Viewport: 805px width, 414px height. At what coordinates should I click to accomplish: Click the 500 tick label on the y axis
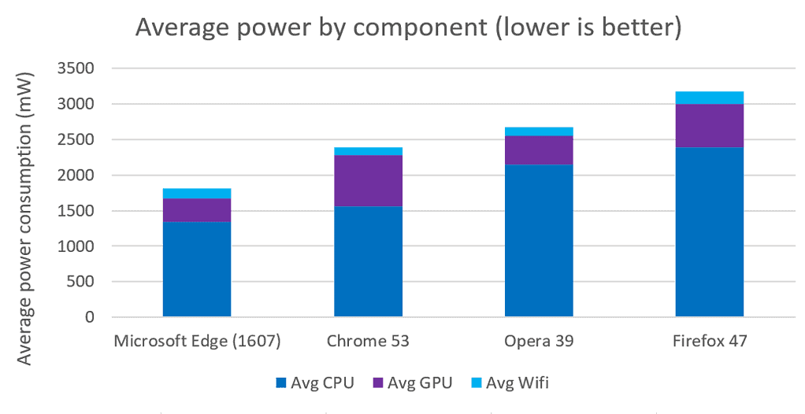pos(83,282)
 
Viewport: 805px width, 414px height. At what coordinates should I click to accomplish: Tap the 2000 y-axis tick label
pos(77,176)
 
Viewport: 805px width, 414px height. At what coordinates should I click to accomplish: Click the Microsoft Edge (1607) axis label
pos(197,342)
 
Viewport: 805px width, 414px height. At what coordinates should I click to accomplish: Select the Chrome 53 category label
pos(368,342)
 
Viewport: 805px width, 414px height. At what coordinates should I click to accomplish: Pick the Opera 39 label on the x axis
pos(539,342)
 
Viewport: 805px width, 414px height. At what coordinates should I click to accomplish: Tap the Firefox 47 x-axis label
pos(710,342)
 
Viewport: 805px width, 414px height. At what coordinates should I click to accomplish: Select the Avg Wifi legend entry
pos(511,383)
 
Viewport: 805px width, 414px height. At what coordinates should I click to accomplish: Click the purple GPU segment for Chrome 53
pos(368,180)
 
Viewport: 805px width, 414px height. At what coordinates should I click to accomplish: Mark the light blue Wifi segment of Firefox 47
pos(710,98)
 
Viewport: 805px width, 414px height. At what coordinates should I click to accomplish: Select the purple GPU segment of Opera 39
pos(539,150)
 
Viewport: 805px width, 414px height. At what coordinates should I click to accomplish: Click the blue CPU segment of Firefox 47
pos(710,232)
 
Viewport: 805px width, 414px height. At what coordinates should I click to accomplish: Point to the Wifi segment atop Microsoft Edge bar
pos(197,193)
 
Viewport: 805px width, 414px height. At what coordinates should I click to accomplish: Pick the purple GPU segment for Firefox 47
pos(710,126)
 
